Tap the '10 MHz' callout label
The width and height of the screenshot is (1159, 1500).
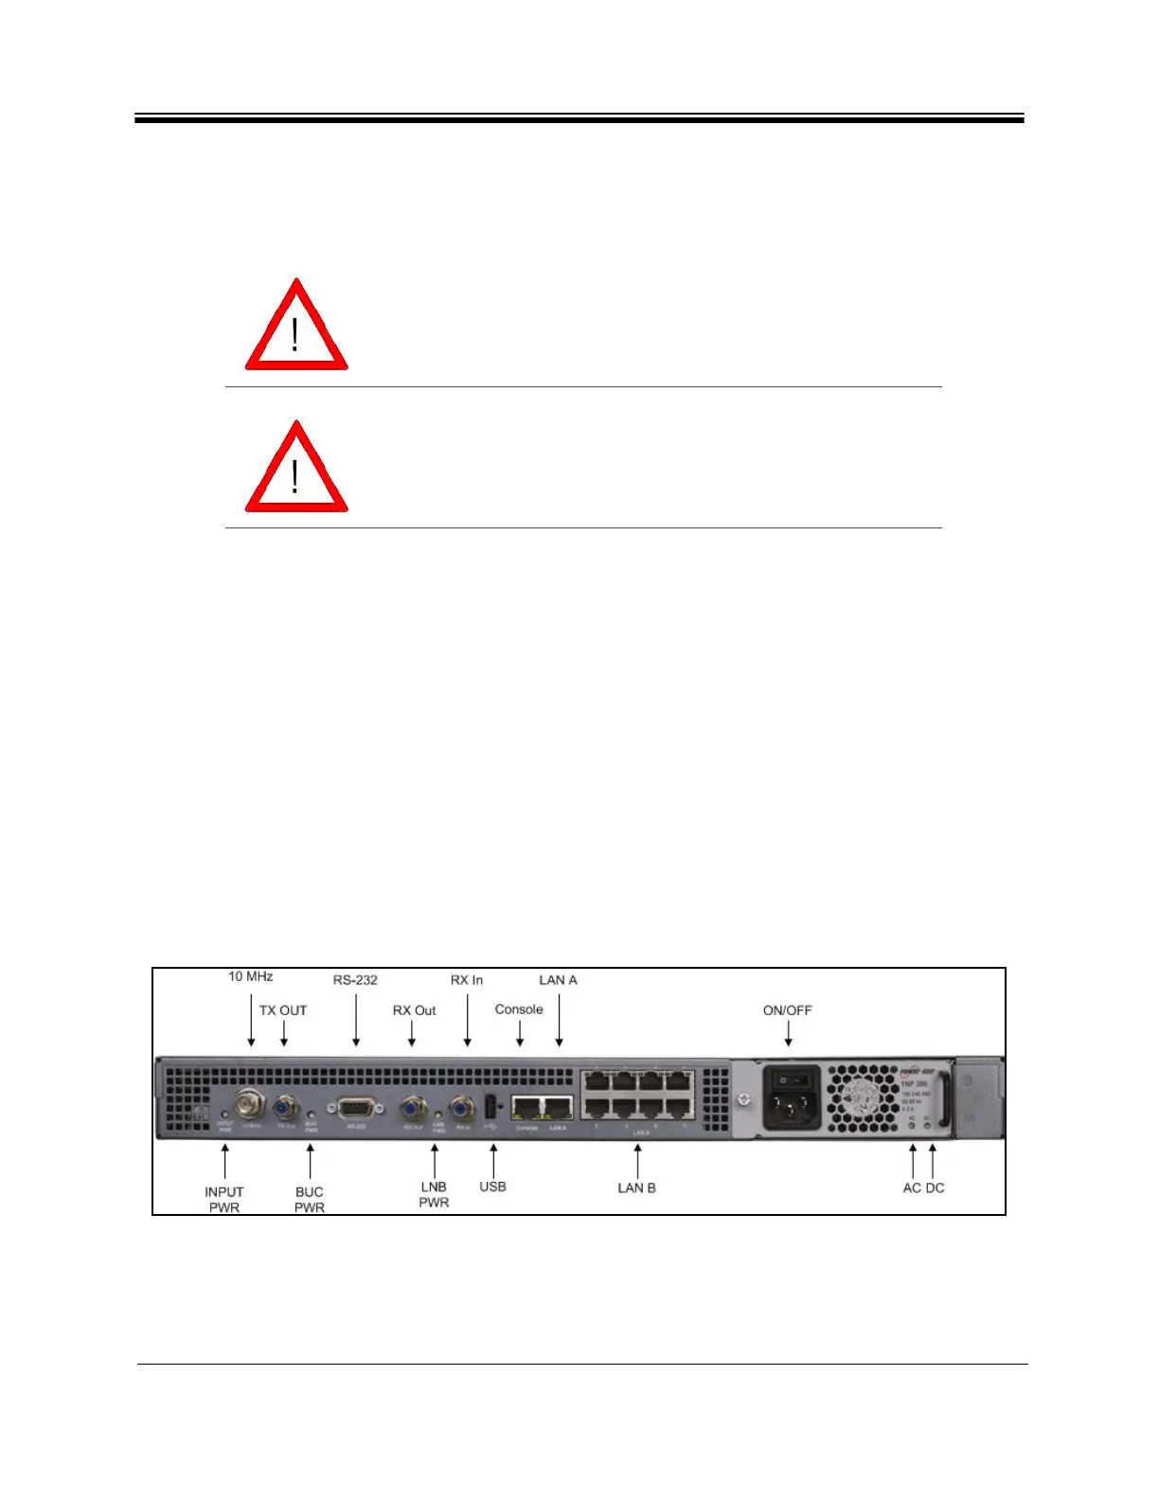(x=251, y=976)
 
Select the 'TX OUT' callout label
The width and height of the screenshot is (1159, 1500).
(x=283, y=1010)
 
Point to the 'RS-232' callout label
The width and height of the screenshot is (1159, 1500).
(x=355, y=980)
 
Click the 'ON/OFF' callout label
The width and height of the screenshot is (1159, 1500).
(x=788, y=1010)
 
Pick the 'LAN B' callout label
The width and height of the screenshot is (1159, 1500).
(x=636, y=1187)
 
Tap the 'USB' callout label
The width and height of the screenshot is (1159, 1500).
(x=492, y=1187)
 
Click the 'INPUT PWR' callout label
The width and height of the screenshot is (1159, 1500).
(x=224, y=1199)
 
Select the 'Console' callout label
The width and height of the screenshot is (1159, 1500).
(x=519, y=1009)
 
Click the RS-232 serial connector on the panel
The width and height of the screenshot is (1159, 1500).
(x=355, y=1107)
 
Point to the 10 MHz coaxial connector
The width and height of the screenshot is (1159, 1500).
(x=251, y=1104)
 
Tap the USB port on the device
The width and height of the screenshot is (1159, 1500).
(x=490, y=1105)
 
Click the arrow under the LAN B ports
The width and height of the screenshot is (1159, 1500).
(x=637, y=1160)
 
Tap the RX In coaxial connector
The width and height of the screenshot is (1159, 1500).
(x=462, y=1106)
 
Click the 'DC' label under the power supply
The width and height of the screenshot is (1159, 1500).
(x=935, y=1187)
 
